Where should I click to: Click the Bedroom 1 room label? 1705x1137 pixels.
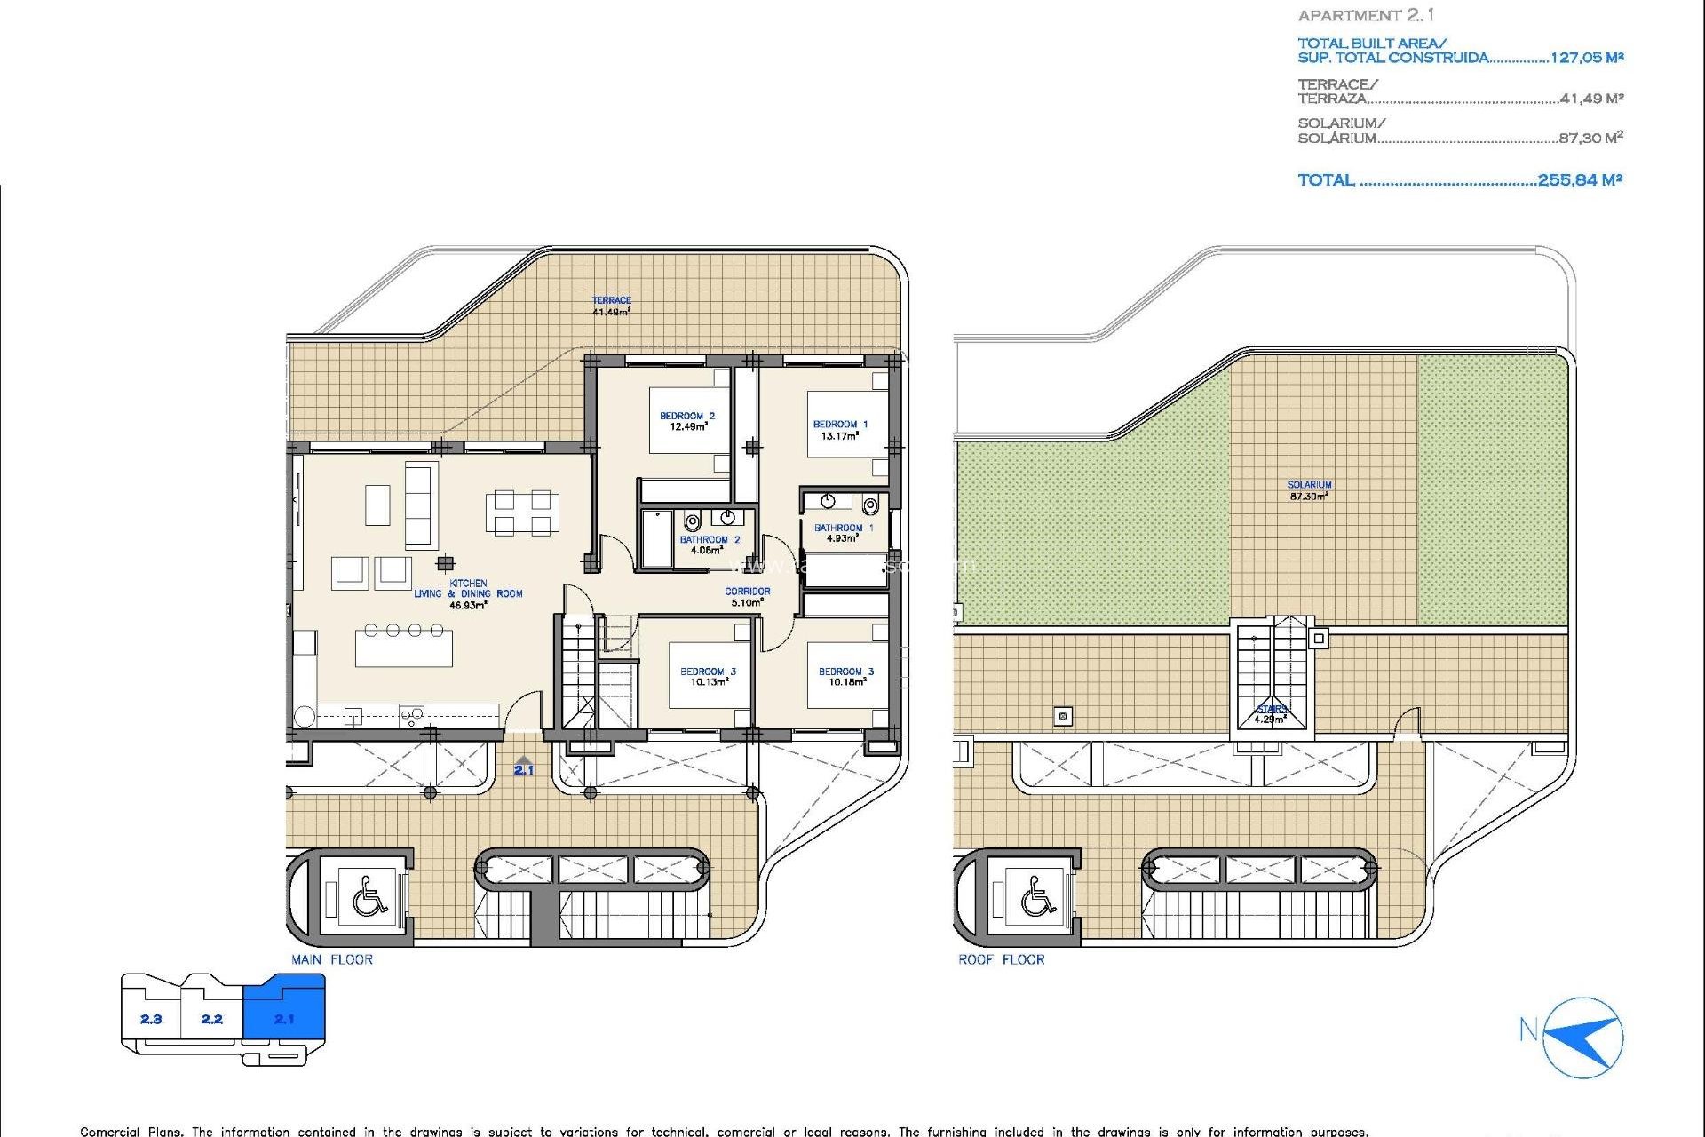[x=840, y=430]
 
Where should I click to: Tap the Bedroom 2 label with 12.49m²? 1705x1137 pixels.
[x=686, y=421]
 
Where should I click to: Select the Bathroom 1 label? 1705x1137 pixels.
[x=843, y=533]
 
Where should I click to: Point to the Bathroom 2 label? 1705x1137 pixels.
[x=709, y=545]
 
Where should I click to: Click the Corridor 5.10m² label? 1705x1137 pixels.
[x=747, y=597]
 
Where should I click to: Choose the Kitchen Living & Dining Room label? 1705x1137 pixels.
[x=468, y=594]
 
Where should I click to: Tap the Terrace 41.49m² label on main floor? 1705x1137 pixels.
[x=611, y=306]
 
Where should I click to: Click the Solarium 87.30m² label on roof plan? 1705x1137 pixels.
[x=1309, y=490]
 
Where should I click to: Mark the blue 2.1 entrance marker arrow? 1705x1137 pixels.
[x=524, y=766]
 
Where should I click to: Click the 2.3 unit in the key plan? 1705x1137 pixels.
[x=151, y=1019]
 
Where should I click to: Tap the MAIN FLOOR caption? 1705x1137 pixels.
[x=332, y=959]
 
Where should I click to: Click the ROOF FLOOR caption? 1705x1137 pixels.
[x=1001, y=959]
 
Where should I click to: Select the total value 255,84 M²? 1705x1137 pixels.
[x=1580, y=179]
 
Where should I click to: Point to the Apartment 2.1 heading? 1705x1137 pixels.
[x=1365, y=15]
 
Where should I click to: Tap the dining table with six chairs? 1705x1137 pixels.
[x=522, y=513]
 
